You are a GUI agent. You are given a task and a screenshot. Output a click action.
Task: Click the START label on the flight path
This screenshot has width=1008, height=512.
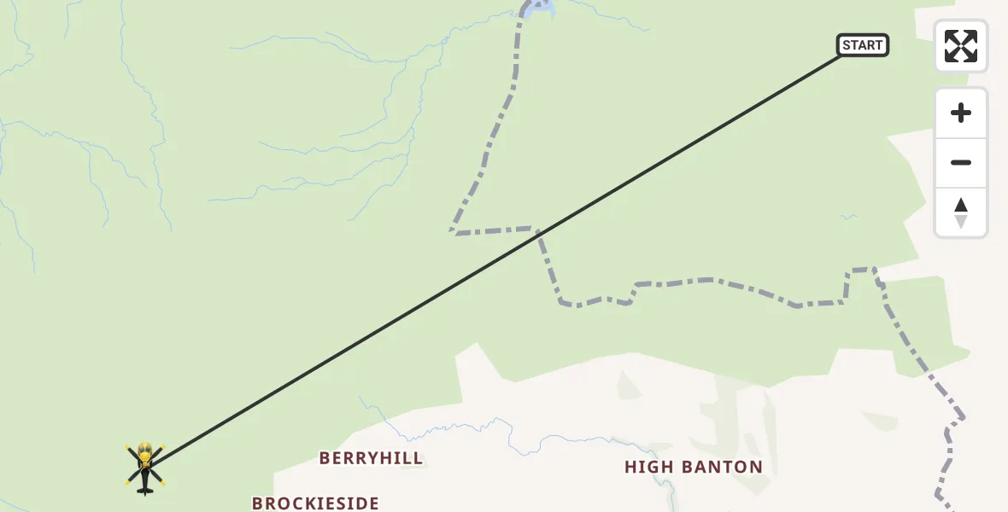click(x=863, y=45)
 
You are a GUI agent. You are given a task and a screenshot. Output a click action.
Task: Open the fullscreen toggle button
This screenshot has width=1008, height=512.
click(x=961, y=46)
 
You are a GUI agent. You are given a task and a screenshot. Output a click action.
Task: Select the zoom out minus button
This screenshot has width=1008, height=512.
click(x=961, y=163)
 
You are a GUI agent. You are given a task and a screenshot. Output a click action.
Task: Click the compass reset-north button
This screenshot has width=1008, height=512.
click(x=961, y=212)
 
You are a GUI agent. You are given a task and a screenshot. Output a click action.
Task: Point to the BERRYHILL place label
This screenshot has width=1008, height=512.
click(x=371, y=458)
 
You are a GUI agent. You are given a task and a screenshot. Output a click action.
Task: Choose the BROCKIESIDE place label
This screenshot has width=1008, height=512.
click(x=315, y=503)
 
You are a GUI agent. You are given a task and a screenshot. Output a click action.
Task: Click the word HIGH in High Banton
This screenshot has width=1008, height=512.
click(x=651, y=467)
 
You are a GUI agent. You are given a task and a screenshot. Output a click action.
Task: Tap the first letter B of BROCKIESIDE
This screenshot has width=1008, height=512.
click(x=258, y=503)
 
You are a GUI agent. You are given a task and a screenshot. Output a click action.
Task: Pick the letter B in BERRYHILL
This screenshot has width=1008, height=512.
click(x=325, y=458)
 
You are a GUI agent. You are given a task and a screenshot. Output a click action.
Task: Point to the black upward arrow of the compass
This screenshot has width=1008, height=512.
click(x=961, y=205)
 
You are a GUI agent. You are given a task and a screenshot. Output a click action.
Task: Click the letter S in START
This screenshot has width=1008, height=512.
click(x=847, y=45)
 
